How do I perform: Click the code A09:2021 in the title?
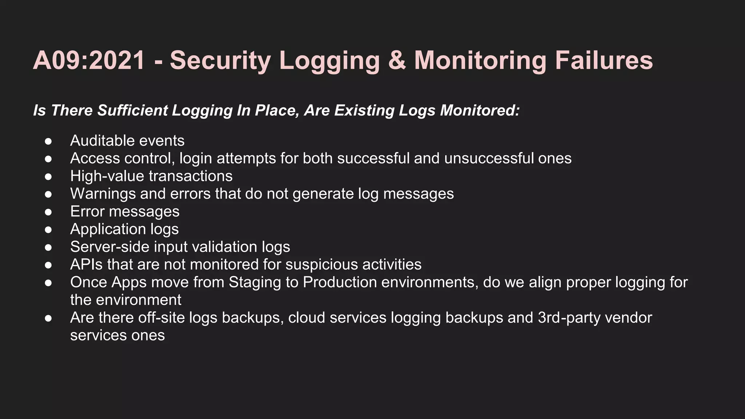89,60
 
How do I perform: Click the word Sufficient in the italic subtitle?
132,111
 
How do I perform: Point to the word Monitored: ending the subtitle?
480,111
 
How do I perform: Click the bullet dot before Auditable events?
48,141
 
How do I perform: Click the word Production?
340,282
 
